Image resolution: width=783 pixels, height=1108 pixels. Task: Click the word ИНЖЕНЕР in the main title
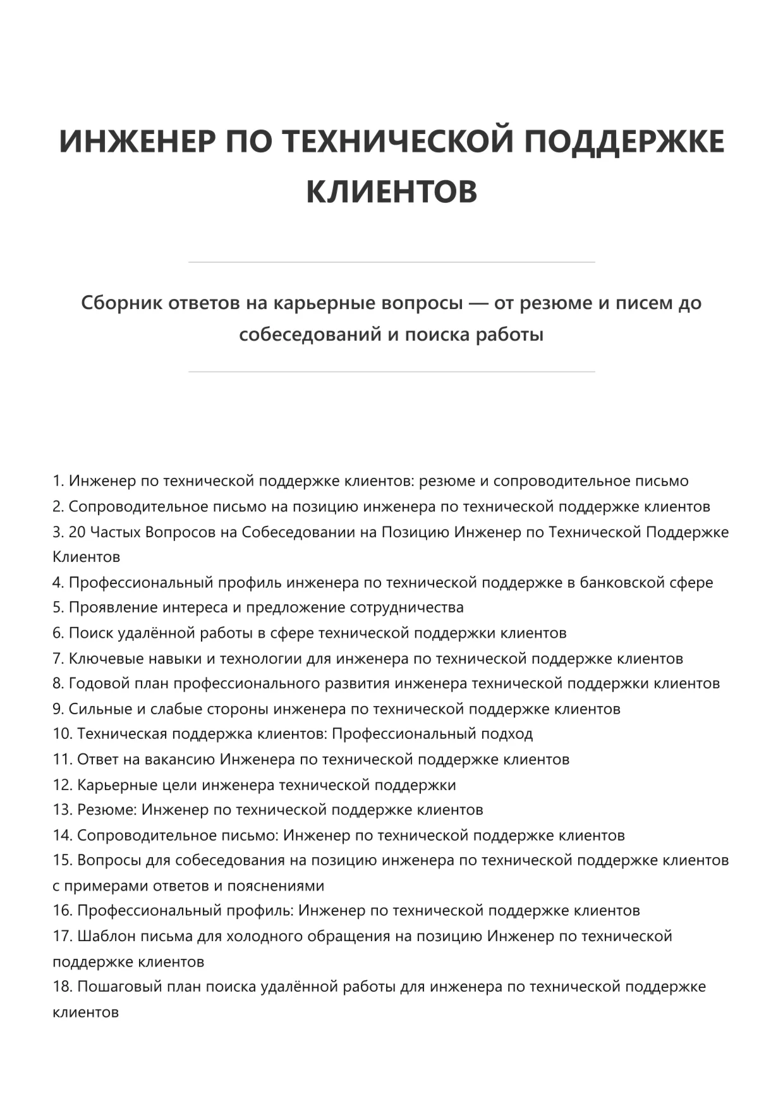(x=137, y=141)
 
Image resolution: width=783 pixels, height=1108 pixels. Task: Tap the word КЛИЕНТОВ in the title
(x=391, y=192)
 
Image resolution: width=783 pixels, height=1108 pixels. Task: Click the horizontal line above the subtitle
(x=391, y=262)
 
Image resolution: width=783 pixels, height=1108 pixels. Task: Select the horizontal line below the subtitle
(x=391, y=372)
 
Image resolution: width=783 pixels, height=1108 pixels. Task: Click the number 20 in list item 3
(x=76, y=532)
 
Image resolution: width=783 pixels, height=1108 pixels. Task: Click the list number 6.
(x=58, y=633)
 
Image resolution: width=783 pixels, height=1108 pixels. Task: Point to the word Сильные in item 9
(x=98, y=709)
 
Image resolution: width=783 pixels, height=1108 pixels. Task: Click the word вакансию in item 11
(x=179, y=759)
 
